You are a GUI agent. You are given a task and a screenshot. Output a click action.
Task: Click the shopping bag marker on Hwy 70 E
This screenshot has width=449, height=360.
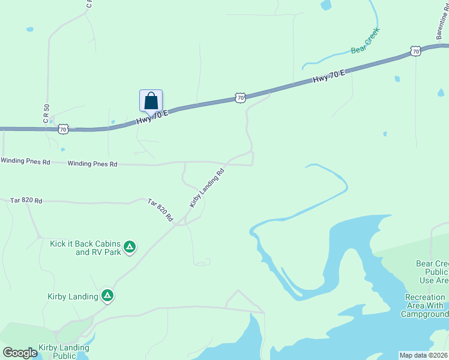(151, 101)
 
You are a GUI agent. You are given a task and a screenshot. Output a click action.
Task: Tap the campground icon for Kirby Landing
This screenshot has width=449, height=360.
(107, 295)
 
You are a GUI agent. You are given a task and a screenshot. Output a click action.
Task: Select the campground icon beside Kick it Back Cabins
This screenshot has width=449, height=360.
(129, 247)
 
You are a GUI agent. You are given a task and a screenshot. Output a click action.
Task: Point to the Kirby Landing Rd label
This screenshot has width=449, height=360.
(207, 188)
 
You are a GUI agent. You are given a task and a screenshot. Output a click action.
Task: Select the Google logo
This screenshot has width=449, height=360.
(20, 353)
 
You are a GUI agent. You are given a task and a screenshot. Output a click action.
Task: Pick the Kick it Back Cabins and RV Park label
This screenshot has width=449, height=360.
(85, 248)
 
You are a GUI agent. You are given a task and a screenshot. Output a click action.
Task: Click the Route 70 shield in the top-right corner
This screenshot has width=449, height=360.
(416, 52)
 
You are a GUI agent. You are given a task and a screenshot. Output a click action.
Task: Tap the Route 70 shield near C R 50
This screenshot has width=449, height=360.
(64, 128)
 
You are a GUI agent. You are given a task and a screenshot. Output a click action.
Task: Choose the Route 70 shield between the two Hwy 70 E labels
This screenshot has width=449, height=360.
(240, 97)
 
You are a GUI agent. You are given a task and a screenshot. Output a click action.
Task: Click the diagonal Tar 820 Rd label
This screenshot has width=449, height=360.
(160, 211)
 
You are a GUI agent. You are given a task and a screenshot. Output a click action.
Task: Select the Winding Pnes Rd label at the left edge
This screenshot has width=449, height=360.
(25, 161)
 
